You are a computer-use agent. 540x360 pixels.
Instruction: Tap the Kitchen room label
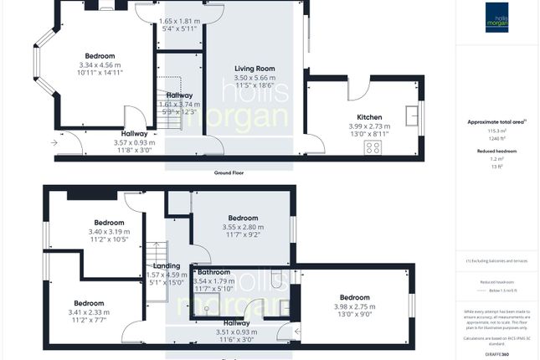click(369, 117)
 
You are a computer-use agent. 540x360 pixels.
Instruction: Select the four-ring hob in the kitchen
click(373, 147)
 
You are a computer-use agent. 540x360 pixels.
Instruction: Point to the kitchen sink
click(411, 116)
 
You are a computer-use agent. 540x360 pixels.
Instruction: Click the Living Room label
click(255, 69)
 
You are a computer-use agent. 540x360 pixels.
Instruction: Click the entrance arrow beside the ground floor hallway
click(54, 143)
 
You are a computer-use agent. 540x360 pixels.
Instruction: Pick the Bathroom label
click(213, 272)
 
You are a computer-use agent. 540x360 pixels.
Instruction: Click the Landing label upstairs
click(166, 266)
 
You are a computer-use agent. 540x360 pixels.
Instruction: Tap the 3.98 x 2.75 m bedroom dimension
click(354, 306)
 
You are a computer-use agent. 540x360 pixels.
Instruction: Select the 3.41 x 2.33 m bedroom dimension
click(89, 311)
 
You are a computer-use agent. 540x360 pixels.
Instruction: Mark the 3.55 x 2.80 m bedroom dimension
click(243, 227)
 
